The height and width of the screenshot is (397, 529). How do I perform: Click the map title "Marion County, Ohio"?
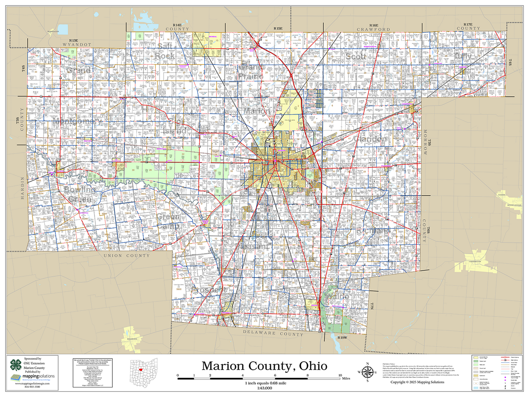pyautogui.click(x=264, y=366)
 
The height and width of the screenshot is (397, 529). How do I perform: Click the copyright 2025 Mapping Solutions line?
pyautogui.click(x=417, y=382)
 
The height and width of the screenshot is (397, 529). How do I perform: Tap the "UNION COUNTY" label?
pyautogui.click(x=126, y=256)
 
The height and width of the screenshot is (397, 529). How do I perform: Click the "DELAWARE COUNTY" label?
pyautogui.click(x=273, y=333)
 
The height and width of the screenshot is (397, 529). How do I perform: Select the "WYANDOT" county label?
pyautogui.click(x=77, y=44)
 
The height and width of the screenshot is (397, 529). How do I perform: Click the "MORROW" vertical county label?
pyautogui.click(x=424, y=142)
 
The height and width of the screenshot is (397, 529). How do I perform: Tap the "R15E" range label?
pyautogui.click(x=278, y=28)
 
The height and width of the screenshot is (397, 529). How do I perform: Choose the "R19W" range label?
pyautogui.click(x=342, y=338)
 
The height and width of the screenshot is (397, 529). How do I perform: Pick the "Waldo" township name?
pyautogui.click(x=338, y=297)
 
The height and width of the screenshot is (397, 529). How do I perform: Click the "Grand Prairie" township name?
pyautogui.click(x=251, y=72)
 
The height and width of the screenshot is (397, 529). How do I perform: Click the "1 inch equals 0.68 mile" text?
pyautogui.click(x=265, y=383)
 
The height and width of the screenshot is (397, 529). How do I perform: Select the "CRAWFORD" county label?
pyautogui.click(x=373, y=29)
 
